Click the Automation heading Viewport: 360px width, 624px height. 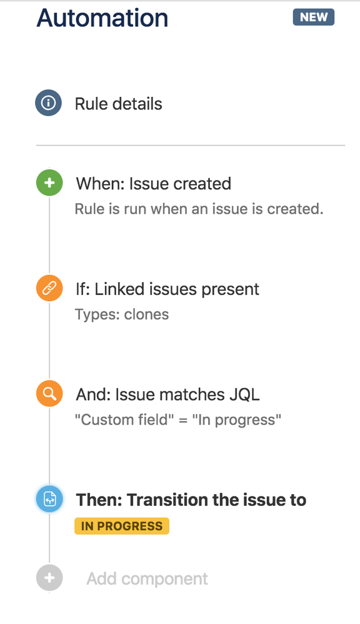tap(102, 18)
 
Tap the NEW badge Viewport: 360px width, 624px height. tap(313, 17)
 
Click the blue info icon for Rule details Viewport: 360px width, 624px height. tap(48, 102)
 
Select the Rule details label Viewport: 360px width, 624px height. tap(118, 104)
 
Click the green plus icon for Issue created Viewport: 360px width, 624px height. tap(49, 184)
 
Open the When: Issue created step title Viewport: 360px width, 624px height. tap(153, 184)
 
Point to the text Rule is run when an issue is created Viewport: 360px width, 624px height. tap(199, 209)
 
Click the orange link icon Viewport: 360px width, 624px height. tap(49, 289)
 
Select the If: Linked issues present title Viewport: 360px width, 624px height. tap(167, 289)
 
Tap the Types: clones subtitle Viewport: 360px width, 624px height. tap(122, 314)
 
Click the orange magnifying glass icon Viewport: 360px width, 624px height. tap(49, 394)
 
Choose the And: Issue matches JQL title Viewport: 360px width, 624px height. tap(167, 394)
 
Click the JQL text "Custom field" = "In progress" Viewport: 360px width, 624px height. tap(178, 420)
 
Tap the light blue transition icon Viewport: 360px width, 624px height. tap(49, 500)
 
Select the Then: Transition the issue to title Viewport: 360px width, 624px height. tap(191, 500)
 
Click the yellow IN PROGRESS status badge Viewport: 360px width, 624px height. tap(122, 526)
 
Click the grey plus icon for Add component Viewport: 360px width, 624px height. tap(49, 578)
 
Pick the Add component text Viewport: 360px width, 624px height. tap(147, 579)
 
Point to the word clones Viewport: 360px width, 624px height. tap(146, 314)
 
